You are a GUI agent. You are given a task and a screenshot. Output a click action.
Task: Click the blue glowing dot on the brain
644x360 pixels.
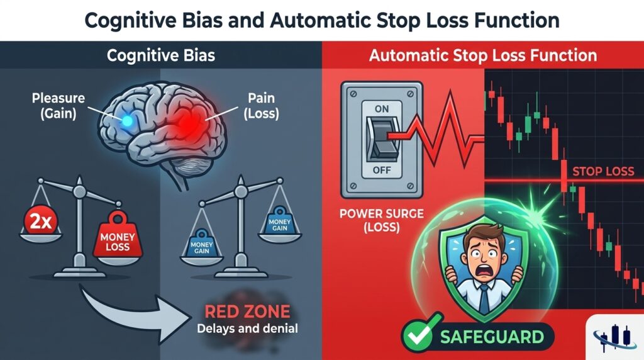pyautogui.click(x=127, y=120)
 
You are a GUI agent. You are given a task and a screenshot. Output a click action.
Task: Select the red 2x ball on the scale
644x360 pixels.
pyautogui.click(x=41, y=222)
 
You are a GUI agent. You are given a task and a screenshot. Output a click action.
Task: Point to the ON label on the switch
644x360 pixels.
pyautogui.click(x=382, y=109)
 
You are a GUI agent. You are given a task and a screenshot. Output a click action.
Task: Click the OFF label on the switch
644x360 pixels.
pyautogui.click(x=382, y=170)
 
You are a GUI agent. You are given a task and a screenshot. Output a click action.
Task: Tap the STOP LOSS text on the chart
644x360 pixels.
pyautogui.click(x=603, y=171)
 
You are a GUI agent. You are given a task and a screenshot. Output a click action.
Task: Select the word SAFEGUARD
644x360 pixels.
pyautogui.click(x=492, y=337)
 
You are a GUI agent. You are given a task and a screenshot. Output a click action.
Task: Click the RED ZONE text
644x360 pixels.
pyautogui.click(x=247, y=312)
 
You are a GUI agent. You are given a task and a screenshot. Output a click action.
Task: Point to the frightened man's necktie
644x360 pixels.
pyautogui.click(x=484, y=300)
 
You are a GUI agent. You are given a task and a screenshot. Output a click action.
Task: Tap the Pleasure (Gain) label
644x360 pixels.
pyautogui.click(x=58, y=106)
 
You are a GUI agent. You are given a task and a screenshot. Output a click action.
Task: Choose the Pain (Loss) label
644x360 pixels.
pyautogui.click(x=261, y=106)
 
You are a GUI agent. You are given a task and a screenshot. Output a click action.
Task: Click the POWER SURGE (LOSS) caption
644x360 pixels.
pyautogui.click(x=382, y=220)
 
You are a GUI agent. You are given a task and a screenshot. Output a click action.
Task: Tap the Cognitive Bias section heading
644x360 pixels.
pyautogui.click(x=160, y=55)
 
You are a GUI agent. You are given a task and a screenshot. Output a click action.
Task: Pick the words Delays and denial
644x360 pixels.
pyautogui.click(x=247, y=329)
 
